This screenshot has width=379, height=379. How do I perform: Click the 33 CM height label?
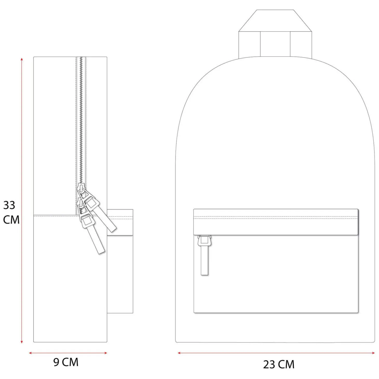[11, 212]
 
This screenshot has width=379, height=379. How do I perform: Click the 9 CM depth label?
[66, 362]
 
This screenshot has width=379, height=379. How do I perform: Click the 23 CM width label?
[279, 364]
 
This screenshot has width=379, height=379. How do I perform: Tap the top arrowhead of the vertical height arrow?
[22, 59]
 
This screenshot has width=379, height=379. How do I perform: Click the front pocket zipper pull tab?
[205, 255]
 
